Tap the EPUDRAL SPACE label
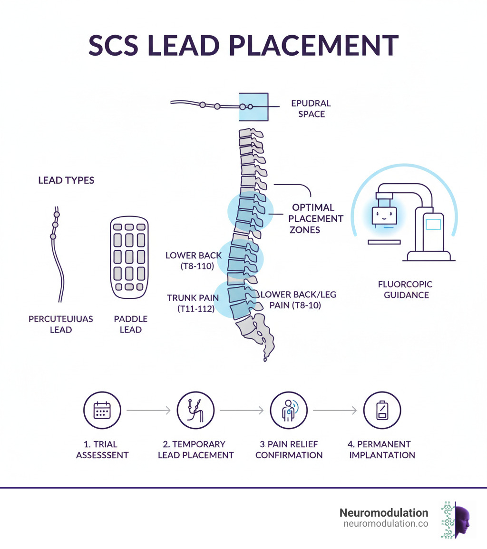pyautogui.click(x=312, y=108)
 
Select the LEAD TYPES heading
pyautogui.click(x=66, y=180)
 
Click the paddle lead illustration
pyautogui.click(x=129, y=258)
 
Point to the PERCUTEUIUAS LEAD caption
pyautogui.click(x=60, y=324)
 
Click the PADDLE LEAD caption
pyautogui.click(x=131, y=324)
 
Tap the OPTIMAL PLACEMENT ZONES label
pyautogui.click(x=313, y=218)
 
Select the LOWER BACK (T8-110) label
pyautogui.click(x=194, y=261)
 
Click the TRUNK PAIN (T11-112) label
pyautogui.click(x=193, y=303)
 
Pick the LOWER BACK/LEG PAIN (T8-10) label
pyautogui.click(x=298, y=300)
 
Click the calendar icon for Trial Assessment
pyautogui.click(x=102, y=411)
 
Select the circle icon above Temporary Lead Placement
pyautogui.click(x=195, y=411)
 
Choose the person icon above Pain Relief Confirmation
pyautogui.click(x=289, y=411)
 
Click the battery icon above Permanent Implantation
pyautogui.click(x=382, y=411)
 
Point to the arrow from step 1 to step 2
pyautogui.click(x=147, y=411)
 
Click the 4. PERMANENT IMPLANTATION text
pyautogui.click(x=382, y=450)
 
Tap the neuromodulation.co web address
pyautogui.click(x=385, y=524)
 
